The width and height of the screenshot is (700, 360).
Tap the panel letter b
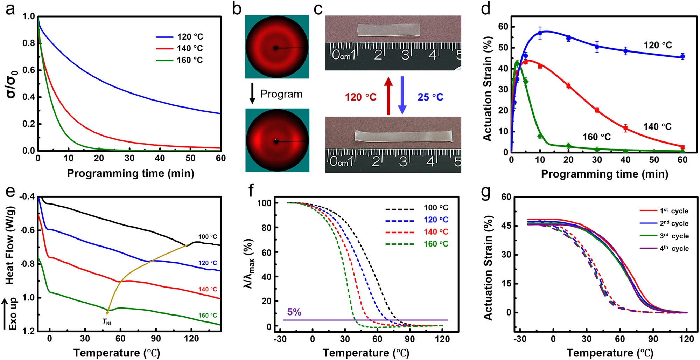pos(237,8)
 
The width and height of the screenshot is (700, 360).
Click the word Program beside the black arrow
pos(281,94)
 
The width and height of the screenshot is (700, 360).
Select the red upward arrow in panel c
pos(388,96)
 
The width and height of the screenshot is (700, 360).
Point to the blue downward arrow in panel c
pos(402,95)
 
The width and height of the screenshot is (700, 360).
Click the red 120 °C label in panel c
pos(360,97)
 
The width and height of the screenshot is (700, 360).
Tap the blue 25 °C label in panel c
pos(430,97)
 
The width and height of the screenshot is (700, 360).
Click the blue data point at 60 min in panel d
pos(682,57)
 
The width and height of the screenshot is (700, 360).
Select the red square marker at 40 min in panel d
pos(625,128)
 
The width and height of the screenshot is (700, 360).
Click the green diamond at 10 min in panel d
pos(540,136)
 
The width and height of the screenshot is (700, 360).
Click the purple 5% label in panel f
pos(294,312)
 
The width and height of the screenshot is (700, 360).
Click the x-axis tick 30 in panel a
pos(129,158)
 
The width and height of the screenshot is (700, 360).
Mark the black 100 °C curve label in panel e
pos(208,237)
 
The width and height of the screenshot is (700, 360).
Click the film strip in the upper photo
pos(388,30)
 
